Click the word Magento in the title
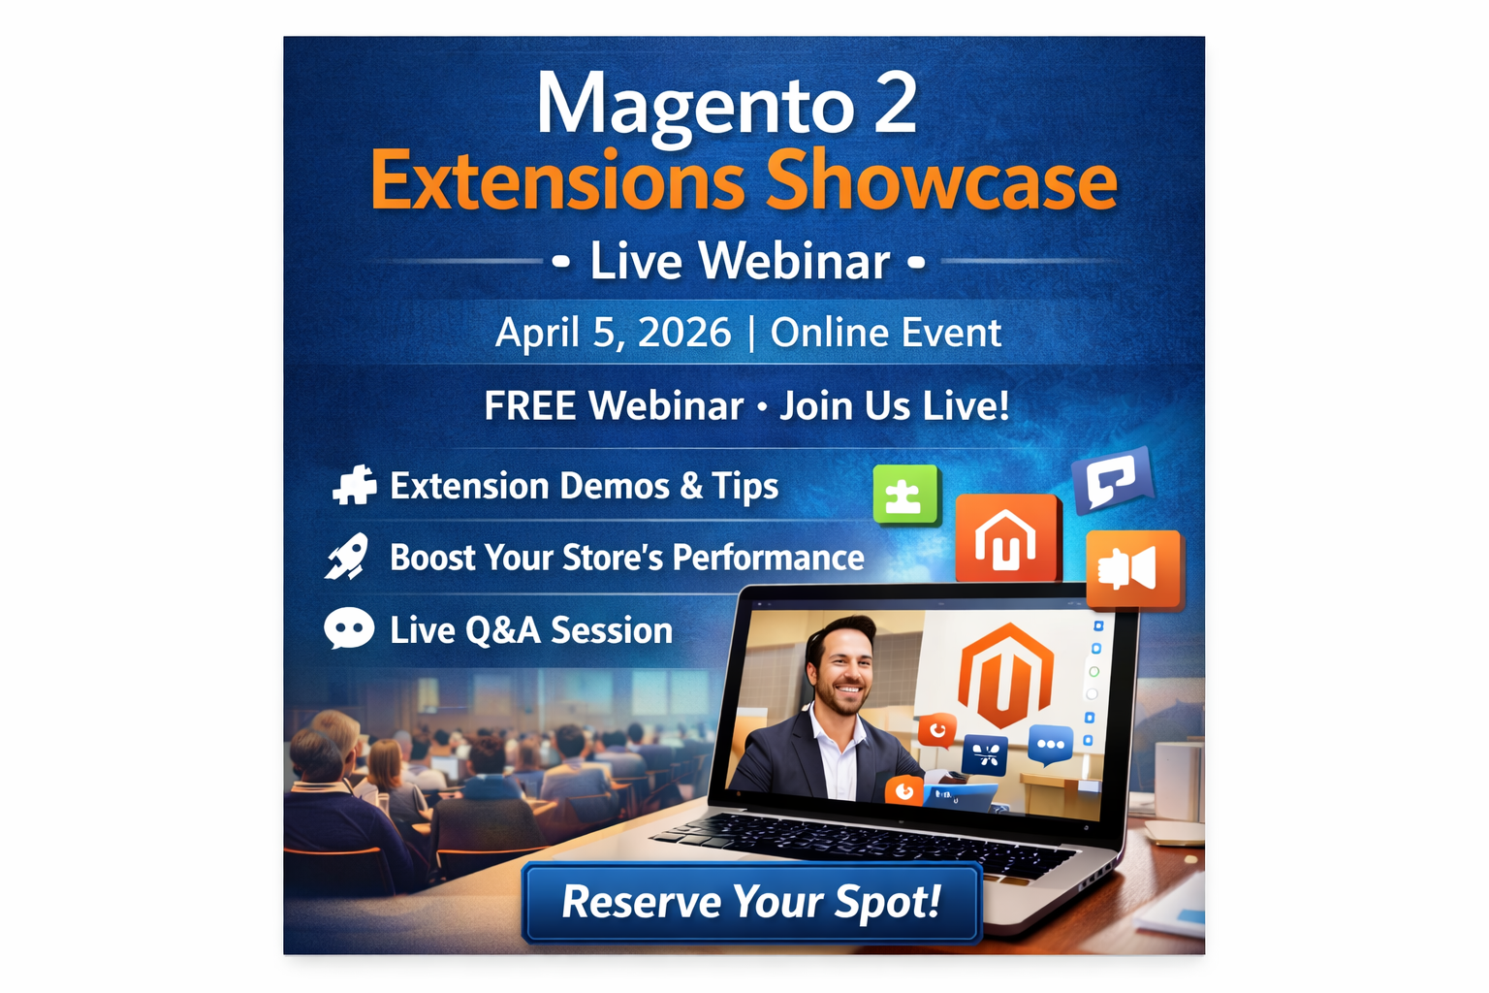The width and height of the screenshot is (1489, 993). [693, 105]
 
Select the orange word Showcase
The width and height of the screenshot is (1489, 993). [941, 181]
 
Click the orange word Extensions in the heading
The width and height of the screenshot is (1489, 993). [557, 181]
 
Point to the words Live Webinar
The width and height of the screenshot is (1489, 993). [740, 262]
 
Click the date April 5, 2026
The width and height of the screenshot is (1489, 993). [613, 333]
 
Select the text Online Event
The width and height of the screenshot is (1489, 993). [885, 333]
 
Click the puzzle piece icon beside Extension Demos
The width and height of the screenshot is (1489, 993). [354, 486]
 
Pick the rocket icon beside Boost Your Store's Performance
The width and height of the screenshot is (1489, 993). [347, 558]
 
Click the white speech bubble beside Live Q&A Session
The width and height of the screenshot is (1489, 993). [349, 629]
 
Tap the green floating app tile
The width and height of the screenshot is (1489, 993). [905, 495]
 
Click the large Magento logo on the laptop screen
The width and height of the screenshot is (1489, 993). [1004, 675]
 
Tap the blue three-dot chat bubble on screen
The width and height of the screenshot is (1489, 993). [1050, 745]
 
